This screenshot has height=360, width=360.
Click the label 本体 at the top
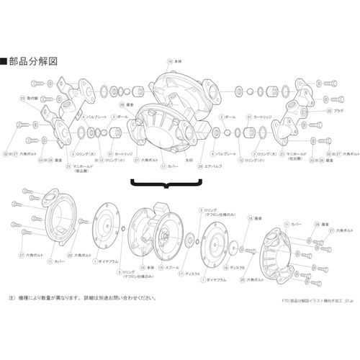[179, 62]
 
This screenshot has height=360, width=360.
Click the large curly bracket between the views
[167, 185]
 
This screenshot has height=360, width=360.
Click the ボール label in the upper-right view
[230, 116]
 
